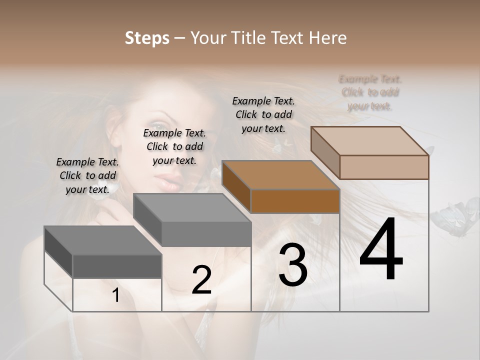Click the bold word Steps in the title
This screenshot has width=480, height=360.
click(x=147, y=38)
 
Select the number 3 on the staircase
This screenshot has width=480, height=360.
click(x=293, y=265)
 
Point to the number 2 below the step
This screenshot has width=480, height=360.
click(x=201, y=280)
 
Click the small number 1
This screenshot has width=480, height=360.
click(x=116, y=295)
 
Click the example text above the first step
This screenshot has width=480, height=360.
click(x=88, y=175)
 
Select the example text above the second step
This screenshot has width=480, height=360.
click(x=174, y=146)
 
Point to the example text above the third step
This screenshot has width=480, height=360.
click(x=263, y=114)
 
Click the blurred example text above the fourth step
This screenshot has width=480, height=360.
click(x=370, y=92)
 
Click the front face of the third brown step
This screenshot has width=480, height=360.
click(x=295, y=201)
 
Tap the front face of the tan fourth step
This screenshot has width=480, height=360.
click(x=384, y=167)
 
